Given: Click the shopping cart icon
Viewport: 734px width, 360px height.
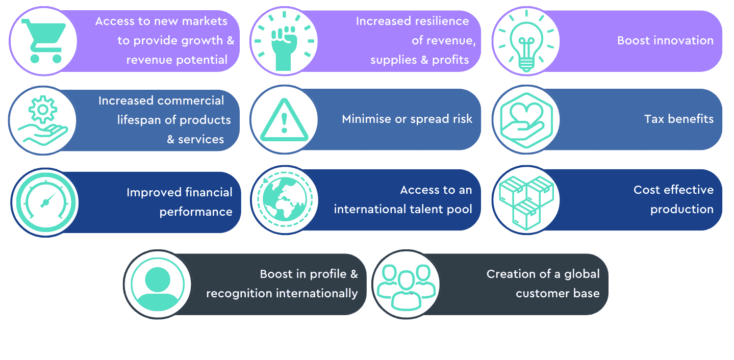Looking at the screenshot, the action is pos(43,41).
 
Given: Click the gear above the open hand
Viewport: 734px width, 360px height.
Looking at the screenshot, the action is pos(43,110).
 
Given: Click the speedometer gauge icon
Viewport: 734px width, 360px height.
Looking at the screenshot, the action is pos(46,202).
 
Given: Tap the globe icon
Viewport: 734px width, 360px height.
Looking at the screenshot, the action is pos(285,199).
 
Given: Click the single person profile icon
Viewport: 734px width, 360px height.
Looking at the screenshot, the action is pos(158,285).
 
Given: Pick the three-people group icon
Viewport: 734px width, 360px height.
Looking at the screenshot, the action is pos(406,287).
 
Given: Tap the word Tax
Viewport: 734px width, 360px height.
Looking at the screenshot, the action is pos(654,119).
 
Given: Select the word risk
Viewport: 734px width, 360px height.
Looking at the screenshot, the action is pos(462,119).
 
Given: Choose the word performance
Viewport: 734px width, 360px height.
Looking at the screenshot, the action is pos(196,212).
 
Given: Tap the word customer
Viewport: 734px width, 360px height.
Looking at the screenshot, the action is pos(542,294).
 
